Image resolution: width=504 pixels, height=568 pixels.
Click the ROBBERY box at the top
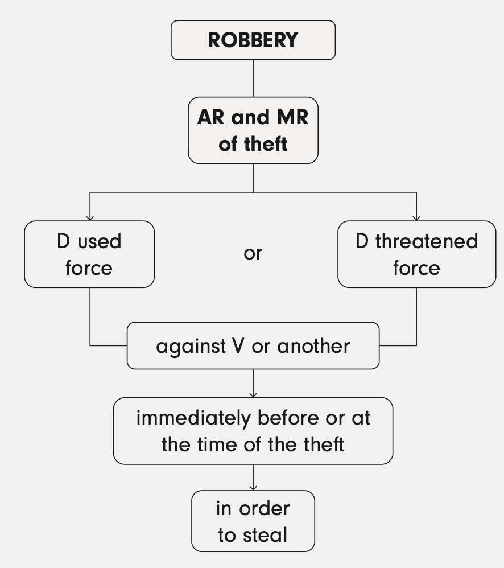click(x=253, y=40)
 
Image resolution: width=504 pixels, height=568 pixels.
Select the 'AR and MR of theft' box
click(x=253, y=130)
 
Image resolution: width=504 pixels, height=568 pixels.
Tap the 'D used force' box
click(x=89, y=254)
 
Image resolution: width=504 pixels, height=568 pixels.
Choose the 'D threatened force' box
click(x=416, y=254)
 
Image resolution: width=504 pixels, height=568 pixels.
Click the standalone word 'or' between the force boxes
click(x=253, y=253)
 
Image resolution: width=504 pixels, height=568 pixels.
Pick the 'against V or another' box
click(x=253, y=345)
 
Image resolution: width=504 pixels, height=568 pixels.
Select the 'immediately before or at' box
click(x=253, y=431)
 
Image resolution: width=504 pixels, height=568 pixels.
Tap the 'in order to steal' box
click(x=253, y=521)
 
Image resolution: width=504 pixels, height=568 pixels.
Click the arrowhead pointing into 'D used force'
click(x=89, y=217)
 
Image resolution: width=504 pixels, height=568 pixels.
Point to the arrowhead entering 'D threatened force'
click(x=416, y=217)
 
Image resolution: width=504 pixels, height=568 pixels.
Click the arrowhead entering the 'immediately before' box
click(x=253, y=394)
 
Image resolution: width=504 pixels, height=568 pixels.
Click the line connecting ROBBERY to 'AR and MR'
click(x=253, y=78)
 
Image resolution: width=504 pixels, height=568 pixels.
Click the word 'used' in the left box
click(x=100, y=241)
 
